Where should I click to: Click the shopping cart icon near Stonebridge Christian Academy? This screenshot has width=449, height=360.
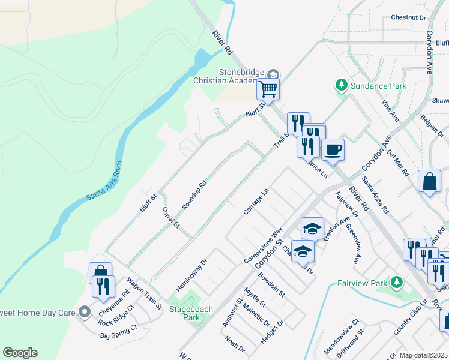point(268,89)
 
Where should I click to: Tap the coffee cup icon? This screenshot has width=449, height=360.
point(333,149)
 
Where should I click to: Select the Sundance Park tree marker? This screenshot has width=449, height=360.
point(342,86)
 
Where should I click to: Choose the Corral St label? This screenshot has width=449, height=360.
point(171,217)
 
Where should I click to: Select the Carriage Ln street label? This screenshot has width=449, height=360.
point(255,203)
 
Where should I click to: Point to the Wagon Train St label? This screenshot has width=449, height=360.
point(145,293)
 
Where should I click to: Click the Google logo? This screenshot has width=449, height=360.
point(20,353)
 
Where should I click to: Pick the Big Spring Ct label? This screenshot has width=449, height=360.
point(119,331)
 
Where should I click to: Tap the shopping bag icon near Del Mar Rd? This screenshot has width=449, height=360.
point(430,182)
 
